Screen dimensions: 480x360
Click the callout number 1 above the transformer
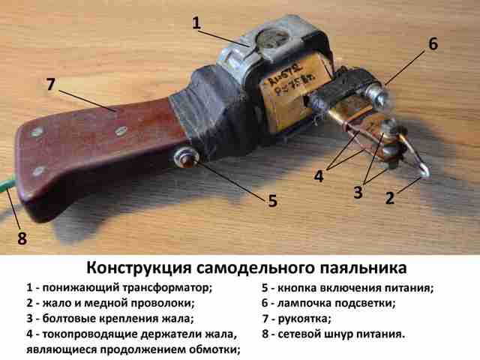pos(196,22)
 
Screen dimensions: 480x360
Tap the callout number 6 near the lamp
pos(433,43)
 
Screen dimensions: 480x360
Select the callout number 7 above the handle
pos(51,83)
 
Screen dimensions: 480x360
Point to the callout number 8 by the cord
pos(22,238)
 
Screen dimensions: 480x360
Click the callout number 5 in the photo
pos(272,200)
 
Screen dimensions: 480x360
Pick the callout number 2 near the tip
pos(390,198)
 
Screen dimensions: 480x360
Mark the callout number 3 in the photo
pos(358,193)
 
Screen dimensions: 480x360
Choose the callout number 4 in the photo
pos(319,176)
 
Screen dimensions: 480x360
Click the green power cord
pos(7,184)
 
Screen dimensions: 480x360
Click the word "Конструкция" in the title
pos(139,268)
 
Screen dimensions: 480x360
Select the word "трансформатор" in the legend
pos(167,288)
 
